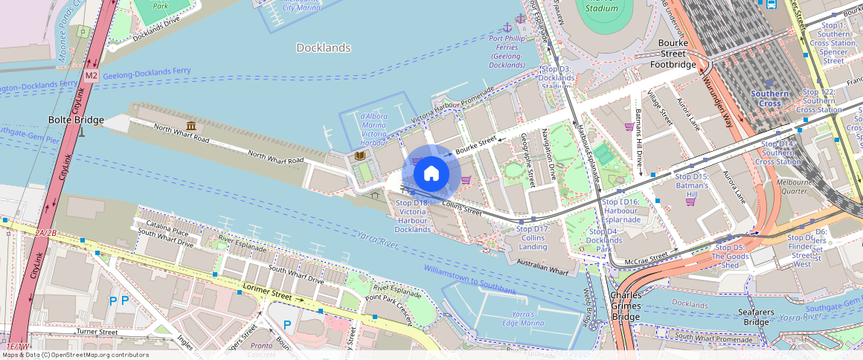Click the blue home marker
coord(431,174)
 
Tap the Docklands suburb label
coord(323,48)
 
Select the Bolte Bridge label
coord(76,120)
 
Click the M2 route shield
coord(91,75)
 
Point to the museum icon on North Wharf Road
coord(191,126)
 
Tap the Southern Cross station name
coord(769,98)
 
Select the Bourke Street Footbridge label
coord(673,59)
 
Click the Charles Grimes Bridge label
coord(626,305)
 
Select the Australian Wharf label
coord(542,265)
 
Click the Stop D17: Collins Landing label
coord(533,238)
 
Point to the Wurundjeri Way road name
coord(718,105)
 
